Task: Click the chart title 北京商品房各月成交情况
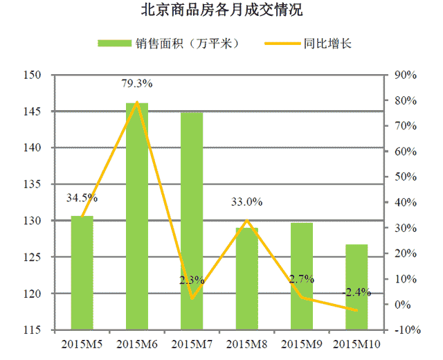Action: click(221, 12)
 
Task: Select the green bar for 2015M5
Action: click(82, 273)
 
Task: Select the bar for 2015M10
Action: click(356, 287)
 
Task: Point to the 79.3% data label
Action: click(136, 84)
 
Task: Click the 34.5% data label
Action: click(82, 198)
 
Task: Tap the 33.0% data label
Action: click(246, 202)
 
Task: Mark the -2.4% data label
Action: click(356, 291)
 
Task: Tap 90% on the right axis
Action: click(403, 75)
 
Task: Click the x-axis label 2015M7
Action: click(192, 343)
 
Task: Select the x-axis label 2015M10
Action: click(356, 343)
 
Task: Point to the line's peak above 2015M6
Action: click(136, 102)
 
